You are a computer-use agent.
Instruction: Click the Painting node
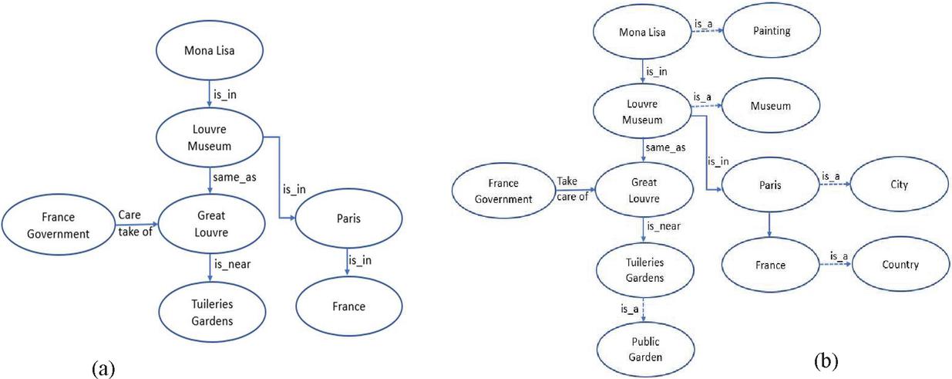[771, 32]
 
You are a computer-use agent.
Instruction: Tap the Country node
[900, 265]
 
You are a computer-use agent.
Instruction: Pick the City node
[899, 185]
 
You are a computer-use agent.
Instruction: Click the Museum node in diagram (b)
[771, 106]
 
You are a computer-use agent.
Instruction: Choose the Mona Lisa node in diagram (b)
[643, 32]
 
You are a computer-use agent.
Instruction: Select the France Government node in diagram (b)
[502, 192]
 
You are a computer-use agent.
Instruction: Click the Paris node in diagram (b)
[769, 186]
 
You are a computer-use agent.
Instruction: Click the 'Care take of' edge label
[135, 223]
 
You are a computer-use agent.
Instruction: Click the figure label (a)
[103, 368]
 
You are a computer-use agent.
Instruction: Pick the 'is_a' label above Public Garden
[630, 309]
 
